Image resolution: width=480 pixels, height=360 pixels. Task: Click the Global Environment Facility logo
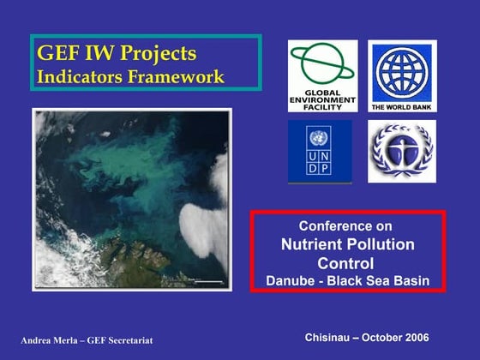pos(322,75)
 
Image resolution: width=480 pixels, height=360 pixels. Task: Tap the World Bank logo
pos(402,75)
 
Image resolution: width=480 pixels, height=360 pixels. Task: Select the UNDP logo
pos(319,151)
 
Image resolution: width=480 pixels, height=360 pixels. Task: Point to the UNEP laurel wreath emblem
pos(401,151)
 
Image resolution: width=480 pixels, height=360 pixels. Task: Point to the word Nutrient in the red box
pos(313,245)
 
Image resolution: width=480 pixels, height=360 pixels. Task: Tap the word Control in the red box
pos(345,263)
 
